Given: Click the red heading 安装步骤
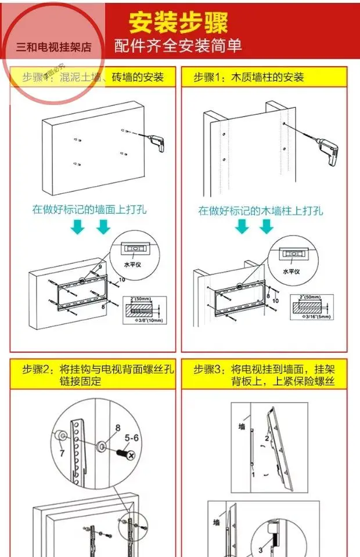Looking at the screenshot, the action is click(x=178, y=23).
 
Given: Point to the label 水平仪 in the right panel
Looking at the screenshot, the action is click(x=291, y=271).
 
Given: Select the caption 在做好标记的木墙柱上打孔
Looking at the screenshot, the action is click(x=261, y=211).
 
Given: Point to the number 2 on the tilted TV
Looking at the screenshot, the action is click(x=267, y=439).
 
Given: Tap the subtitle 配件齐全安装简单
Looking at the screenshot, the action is click(x=178, y=46).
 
